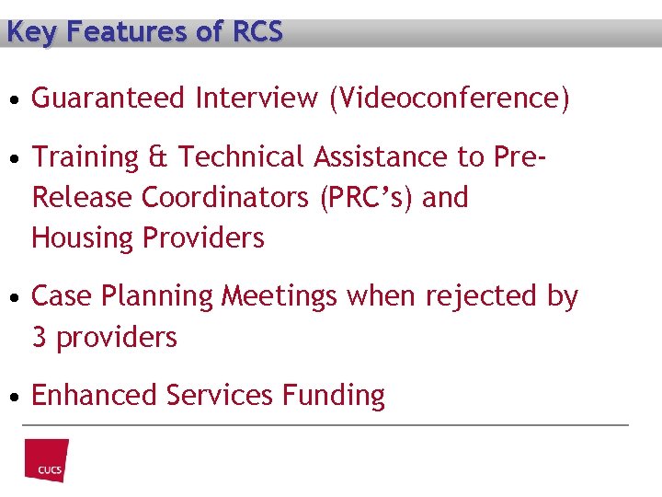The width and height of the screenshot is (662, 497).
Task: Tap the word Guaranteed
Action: click(x=108, y=98)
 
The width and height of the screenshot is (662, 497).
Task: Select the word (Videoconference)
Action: click(x=449, y=98)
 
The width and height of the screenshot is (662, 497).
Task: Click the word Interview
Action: click(x=257, y=98)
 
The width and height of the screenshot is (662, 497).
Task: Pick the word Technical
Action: click(x=242, y=157)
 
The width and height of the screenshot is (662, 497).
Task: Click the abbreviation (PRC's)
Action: click(x=366, y=198)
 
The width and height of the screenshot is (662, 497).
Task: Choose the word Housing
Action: click(x=84, y=238)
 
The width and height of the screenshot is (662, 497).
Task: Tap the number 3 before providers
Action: click(x=40, y=338)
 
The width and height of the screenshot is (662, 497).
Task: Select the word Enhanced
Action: click(x=95, y=396)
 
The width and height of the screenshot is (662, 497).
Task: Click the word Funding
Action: click(x=334, y=396)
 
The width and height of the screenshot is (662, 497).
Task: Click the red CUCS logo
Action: click(x=47, y=460)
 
